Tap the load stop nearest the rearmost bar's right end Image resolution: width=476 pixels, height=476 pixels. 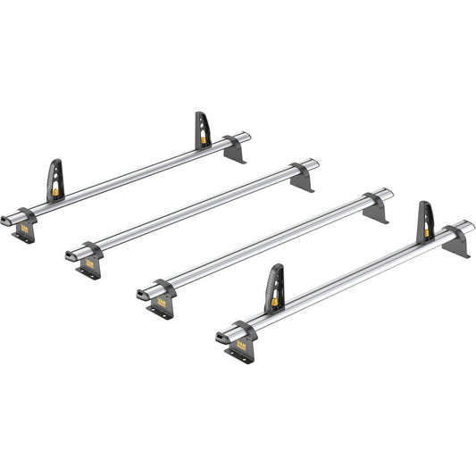(x=204, y=130)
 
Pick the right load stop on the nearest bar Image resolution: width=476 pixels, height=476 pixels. (x=427, y=222)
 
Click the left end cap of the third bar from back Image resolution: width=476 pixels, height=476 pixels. (x=142, y=295)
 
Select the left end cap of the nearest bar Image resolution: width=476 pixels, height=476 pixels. (x=220, y=338)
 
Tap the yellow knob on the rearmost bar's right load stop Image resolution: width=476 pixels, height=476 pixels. (x=205, y=139)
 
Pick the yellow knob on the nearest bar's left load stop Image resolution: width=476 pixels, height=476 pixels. (x=275, y=301)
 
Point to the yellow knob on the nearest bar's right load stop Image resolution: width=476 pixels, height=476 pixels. (x=427, y=232)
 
